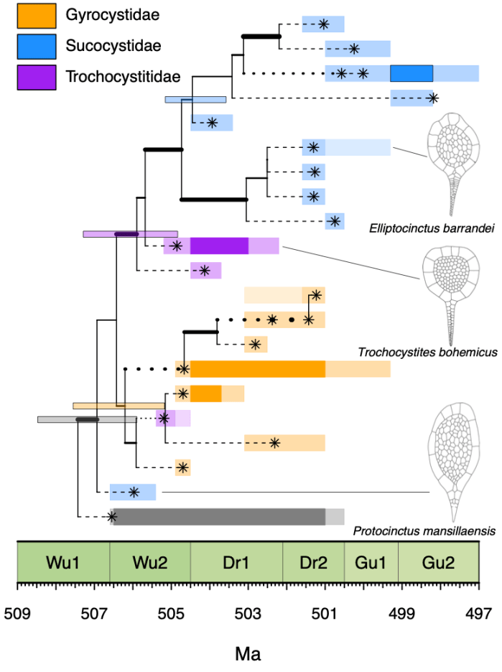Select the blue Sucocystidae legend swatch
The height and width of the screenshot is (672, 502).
[36, 45]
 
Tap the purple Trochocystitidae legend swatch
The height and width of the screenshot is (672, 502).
[36, 77]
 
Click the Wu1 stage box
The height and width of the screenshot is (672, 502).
[63, 561]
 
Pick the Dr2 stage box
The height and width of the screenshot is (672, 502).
[314, 561]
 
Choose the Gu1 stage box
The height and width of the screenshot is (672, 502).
[371, 561]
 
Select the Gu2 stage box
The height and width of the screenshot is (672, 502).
[438, 561]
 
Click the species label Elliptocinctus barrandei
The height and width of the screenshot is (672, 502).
[426, 229]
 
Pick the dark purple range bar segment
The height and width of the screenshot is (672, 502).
[219, 246]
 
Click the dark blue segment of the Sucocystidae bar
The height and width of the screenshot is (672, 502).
[412, 73]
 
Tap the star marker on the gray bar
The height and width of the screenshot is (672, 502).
[112, 516]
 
